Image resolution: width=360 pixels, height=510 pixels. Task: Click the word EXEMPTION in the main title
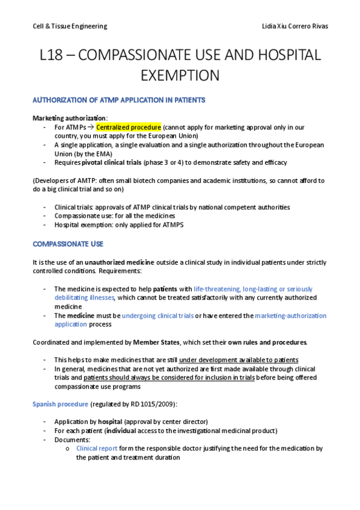click(x=180, y=76)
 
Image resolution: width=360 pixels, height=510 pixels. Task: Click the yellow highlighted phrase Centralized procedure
click(x=129, y=127)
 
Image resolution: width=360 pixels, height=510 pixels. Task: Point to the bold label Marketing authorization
click(x=70, y=118)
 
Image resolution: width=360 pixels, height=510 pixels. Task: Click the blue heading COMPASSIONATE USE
click(x=67, y=244)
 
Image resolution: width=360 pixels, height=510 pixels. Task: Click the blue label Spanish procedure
click(x=59, y=404)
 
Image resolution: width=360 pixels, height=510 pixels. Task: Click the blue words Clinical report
click(x=97, y=448)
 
